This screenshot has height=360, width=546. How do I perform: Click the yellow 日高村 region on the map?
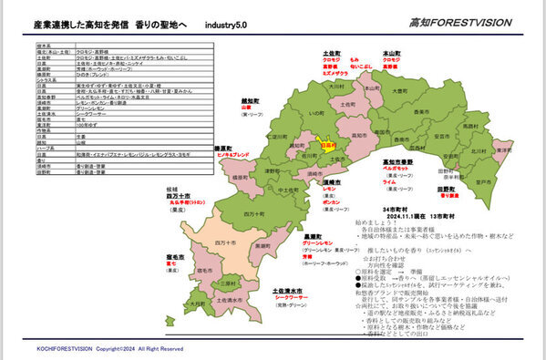tap(329, 143)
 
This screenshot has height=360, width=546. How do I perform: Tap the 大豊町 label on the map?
tap(398, 91)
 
